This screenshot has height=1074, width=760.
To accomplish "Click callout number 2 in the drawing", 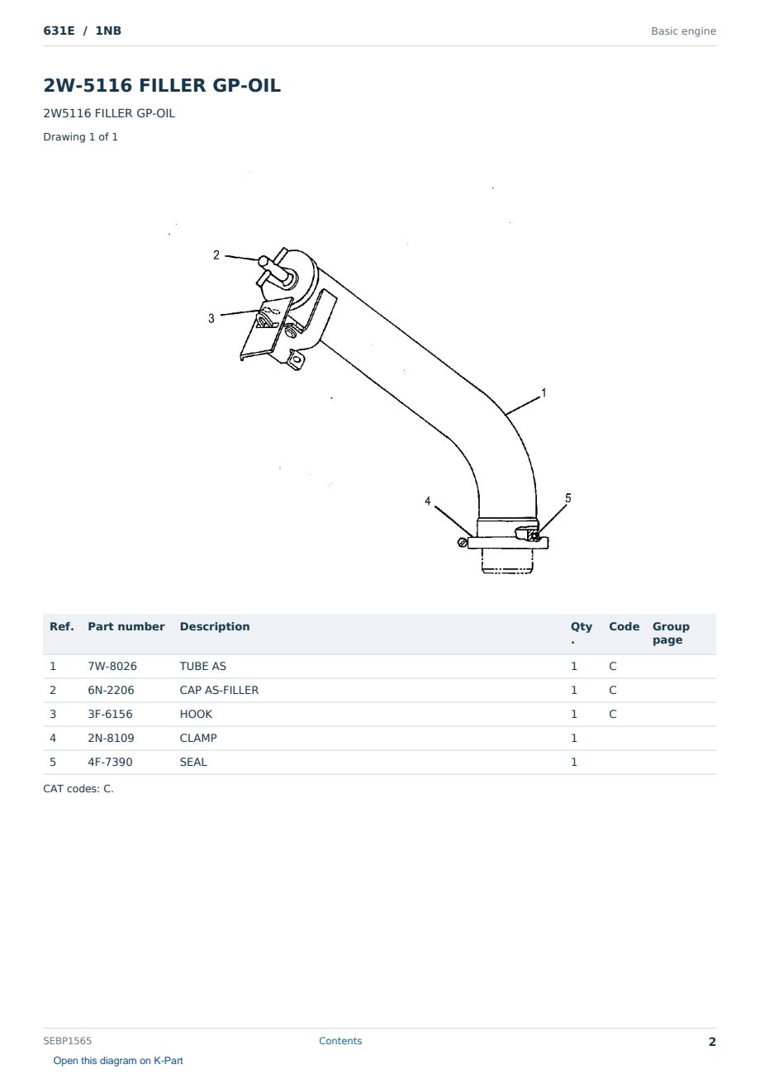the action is [216, 255].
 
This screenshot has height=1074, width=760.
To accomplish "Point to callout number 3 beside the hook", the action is [211, 318].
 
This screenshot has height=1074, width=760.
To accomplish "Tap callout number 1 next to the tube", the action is [544, 393].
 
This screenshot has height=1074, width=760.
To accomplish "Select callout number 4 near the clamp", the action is [428, 501].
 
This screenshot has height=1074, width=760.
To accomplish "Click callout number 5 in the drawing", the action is [568, 498].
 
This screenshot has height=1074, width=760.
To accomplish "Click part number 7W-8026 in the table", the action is [112, 666].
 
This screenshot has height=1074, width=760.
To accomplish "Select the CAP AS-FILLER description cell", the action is [219, 690].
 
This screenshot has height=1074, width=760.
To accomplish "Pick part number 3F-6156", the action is [110, 714].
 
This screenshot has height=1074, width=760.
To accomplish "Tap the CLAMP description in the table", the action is [198, 738].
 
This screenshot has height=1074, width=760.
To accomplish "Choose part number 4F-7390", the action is [110, 762].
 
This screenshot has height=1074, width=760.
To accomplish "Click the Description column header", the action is [215, 627].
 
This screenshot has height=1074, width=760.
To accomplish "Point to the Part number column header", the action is [126, 627].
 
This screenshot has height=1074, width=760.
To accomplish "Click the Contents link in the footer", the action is [340, 1040].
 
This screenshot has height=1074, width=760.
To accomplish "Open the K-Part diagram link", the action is [118, 1061].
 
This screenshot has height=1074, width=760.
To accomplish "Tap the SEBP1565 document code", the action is [67, 1040].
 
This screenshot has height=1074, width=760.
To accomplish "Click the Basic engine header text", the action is [683, 31].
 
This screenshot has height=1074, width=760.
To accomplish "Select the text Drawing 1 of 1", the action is [81, 137].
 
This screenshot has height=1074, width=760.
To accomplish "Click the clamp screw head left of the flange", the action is [463, 542].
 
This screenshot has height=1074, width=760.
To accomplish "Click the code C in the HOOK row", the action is [613, 714].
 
